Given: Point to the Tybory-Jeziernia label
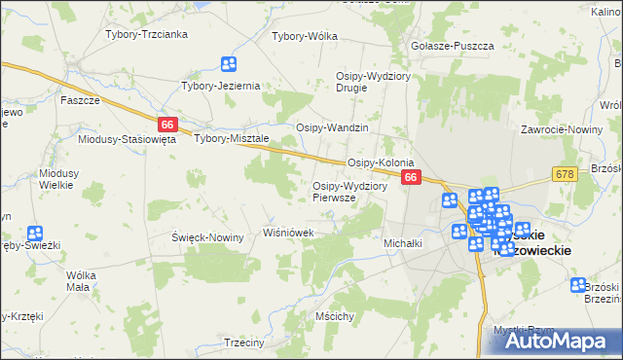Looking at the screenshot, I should pos(221,86).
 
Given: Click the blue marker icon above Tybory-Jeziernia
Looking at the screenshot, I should pos(229,65).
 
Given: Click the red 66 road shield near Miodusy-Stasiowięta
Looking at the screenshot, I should pos(167,124).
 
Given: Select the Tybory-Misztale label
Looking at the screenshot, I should pos(231,138).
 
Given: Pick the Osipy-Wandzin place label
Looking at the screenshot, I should pos(332,128).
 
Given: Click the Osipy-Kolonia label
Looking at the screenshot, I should pos(382,162).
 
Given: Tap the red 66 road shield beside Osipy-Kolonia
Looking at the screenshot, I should pos(412,177).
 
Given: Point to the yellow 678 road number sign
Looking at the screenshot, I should pos(564,173).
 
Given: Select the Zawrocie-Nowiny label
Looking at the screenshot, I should pos(558,128).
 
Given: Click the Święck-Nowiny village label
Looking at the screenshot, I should pos(207,237).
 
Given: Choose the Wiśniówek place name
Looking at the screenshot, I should pos(287,233).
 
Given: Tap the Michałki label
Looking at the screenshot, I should pos(403,242).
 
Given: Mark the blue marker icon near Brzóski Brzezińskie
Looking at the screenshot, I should pos(579,285).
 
